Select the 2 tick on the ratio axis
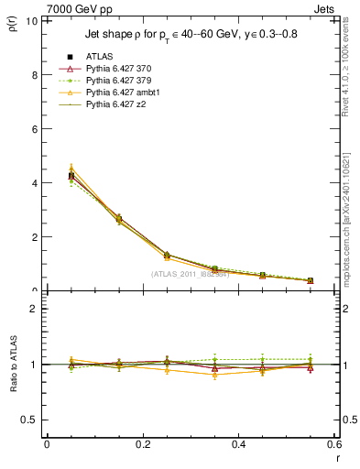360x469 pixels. tap(35, 309)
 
